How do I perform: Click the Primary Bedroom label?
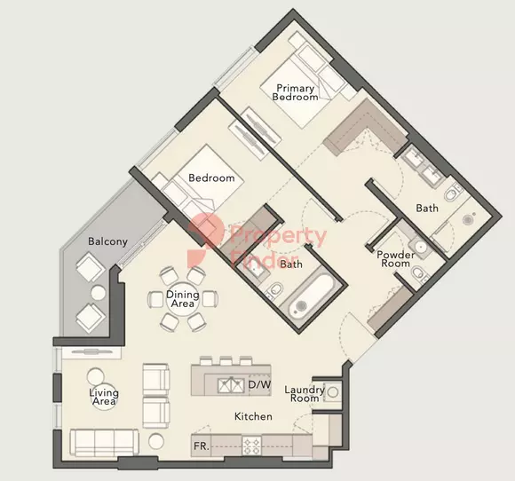pyautogui.click(x=296, y=92)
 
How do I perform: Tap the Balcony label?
pyautogui.click(x=107, y=241)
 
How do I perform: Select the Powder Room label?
pyautogui.click(x=395, y=259)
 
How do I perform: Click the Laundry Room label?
pyautogui.click(x=305, y=394)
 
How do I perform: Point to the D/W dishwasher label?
pyautogui.click(x=259, y=384)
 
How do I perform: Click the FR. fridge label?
pyautogui.click(x=202, y=446)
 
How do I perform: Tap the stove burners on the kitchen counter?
pyautogui.click(x=252, y=446)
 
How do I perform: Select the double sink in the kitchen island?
pyautogui.click(x=231, y=385)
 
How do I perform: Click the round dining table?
pyautogui.click(x=183, y=299)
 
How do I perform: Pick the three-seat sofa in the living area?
pyautogui.click(x=105, y=443)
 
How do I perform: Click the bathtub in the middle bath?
pyautogui.click(x=311, y=296)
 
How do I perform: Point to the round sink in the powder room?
pyautogui.click(x=420, y=246)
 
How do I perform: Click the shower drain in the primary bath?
pyautogui.click(x=467, y=220)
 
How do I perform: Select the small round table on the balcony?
pyautogui.click(x=99, y=293)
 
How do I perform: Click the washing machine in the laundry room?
pyautogui.click(x=333, y=392)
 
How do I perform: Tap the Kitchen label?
pyautogui.click(x=253, y=416)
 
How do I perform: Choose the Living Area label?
pyautogui.click(x=104, y=397)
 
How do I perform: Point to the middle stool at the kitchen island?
pyautogui.click(x=226, y=361)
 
